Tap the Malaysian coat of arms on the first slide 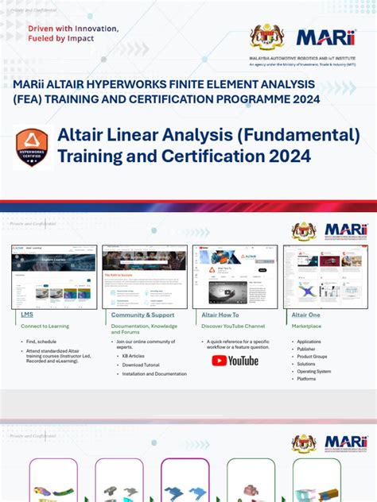pyautogui.click(x=267, y=37)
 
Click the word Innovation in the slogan pyautogui.click(x=95, y=28)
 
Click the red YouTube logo pyautogui.click(x=235, y=360)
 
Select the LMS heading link pyautogui.click(x=27, y=315)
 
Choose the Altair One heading pyautogui.click(x=305, y=315)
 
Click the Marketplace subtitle pyautogui.click(x=306, y=326)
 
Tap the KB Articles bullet pyautogui.click(x=133, y=357)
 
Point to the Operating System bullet pyautogui.click(x=313, y=371)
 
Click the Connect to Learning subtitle pyautogui.click(x=45, y=326)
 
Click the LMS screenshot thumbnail pyautogui.click(x=54, y=276)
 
